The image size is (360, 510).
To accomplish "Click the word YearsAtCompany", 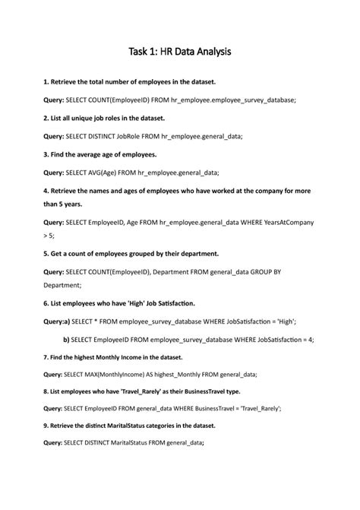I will [286, 222].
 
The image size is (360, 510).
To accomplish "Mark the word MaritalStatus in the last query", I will [127, 443].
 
